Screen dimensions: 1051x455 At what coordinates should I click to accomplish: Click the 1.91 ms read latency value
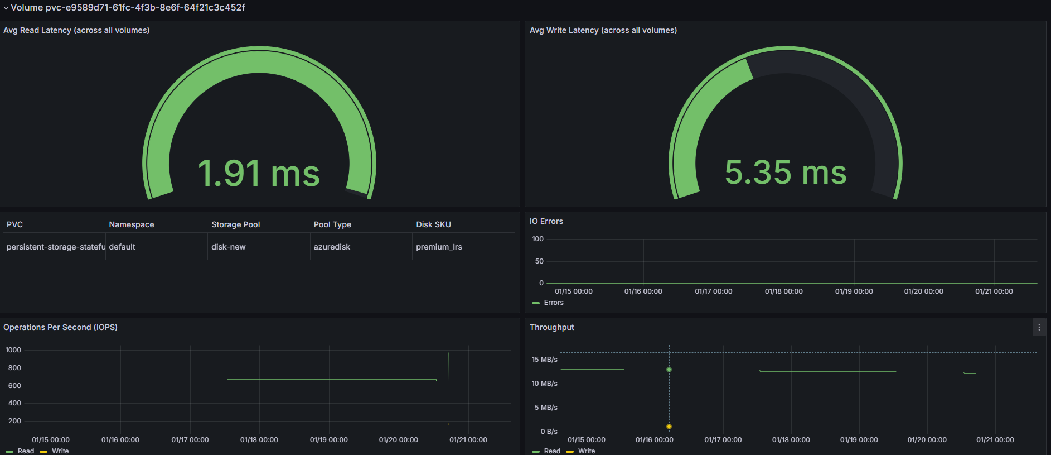pyautogui.click(x=259, y=173)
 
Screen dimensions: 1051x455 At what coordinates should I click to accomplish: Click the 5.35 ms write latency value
pyautogui.click(x=786, y=172)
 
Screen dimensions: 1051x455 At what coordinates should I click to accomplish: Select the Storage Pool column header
pyautogui.click(x=235, y=224)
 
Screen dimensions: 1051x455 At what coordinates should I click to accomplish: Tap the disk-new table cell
pyautogui.click(x=229, y=247)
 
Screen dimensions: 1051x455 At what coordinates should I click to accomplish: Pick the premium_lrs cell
pyautogui.click(x=439, y=247)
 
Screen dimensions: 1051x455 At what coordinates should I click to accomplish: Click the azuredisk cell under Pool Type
pyautogui.click(x=332, y=247)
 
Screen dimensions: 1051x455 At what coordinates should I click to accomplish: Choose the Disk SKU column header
pyautogui.click(x=433, y=224)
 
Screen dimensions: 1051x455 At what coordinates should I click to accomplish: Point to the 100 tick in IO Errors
pyautogui.click(x=537, y=239)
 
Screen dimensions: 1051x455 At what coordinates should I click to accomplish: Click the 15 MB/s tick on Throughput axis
pyautogui.click(x=544, y=360)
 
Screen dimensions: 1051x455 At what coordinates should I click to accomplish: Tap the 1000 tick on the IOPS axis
pyautogui.click(x=13, y=350)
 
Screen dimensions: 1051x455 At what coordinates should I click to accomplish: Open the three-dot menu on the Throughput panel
pyautogui.click(x=1039, y=327)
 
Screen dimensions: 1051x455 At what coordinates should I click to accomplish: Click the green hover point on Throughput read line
pyautogui.click(x=669, y=370)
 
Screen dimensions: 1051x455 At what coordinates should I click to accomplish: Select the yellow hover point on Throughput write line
pyautogui.click(x=669, y=427)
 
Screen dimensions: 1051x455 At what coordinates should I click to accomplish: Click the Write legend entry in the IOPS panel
pyautogui.click(x=55, y=451)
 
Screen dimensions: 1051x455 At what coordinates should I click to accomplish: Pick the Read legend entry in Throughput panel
pyautogui.click(x=546, y=451)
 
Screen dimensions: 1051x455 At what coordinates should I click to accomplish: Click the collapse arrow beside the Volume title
pyautogui.click(x=6, y=8)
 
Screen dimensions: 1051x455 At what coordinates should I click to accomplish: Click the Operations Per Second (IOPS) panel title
pyautogui.click(x=60, y=327)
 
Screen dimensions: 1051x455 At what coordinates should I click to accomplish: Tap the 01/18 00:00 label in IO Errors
pyautogui.click(x=783, y=291)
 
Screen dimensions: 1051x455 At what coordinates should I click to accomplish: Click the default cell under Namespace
pyautogui.click(x=122, y=247)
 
